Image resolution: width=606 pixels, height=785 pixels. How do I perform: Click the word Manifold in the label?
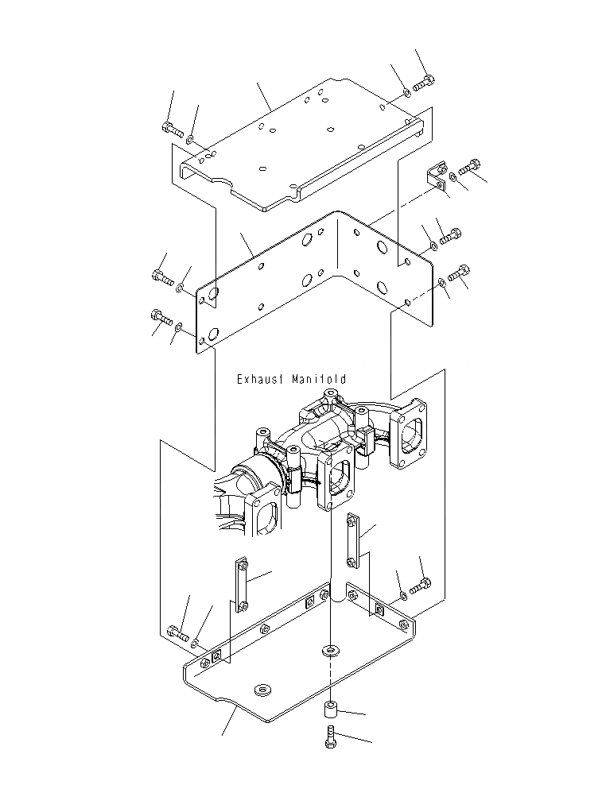[319, 380]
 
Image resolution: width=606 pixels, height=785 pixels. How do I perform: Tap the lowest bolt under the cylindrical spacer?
[331, 737]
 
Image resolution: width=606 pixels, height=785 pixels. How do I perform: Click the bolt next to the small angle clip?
[470, 166]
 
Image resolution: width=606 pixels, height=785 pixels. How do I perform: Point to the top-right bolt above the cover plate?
[424, 84]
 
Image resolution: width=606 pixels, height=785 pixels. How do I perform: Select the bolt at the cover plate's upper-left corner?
[173, 130]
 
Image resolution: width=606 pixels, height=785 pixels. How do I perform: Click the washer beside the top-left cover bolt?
[191, 139]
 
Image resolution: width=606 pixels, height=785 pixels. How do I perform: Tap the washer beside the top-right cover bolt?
[406, 93]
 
